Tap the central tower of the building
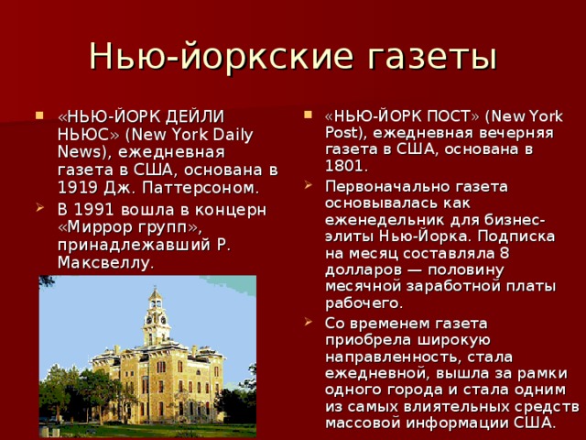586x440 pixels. pos(156,316)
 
